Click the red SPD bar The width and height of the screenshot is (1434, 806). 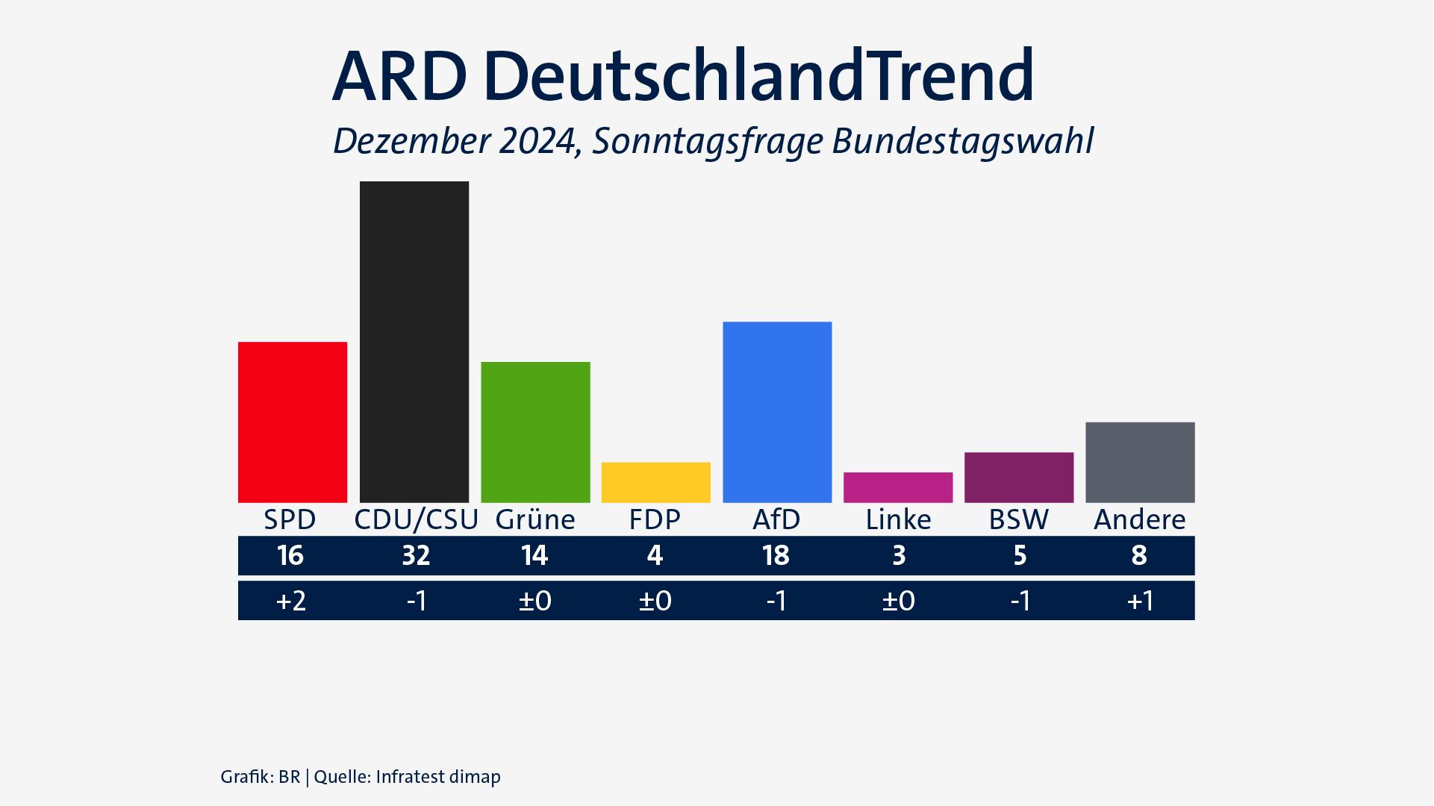(x=293, y=422)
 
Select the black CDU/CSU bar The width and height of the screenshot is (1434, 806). (x=414, y=342)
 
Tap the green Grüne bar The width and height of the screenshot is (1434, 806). (x=535, y=432)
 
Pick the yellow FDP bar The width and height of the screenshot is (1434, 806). (x=656, y=482)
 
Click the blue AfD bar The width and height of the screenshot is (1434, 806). (x=777, y=412)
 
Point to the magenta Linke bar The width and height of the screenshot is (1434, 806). (x=898, y=487)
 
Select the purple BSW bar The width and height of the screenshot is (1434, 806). (x=1019, y=478)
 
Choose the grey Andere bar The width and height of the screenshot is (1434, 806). (x=1140, y=463)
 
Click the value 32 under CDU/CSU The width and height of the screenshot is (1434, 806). (x=416, y=555)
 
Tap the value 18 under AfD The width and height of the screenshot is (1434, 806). (x=776, y=555)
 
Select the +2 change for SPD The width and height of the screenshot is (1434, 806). (x=291, y=601)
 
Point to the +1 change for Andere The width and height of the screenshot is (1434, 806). (x=1140, y=601)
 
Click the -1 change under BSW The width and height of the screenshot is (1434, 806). (x=1020, y=601)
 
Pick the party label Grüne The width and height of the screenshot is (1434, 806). (x=535, y=519)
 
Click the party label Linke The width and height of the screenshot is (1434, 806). (x=898, y=519)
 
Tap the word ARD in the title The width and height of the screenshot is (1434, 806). (x=399, y=76)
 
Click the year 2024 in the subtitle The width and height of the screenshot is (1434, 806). (x=537, y=141)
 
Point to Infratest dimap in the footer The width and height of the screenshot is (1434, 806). (x=438, y=777)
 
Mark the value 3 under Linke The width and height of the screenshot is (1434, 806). (x=899, y=555)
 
